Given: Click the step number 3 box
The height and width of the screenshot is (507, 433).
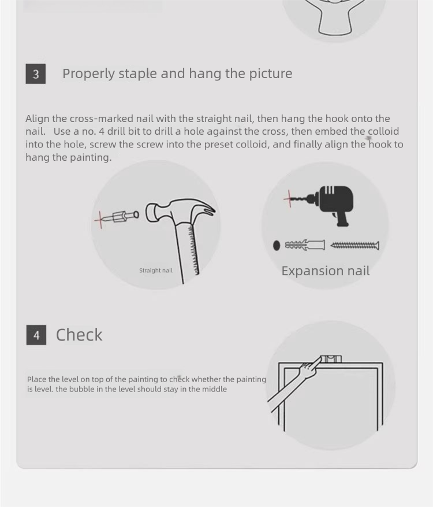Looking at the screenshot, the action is [x=36, y=74].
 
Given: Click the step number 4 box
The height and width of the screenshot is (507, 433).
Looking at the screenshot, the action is [x=36, y=335].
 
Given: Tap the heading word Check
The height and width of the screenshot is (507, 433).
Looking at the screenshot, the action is [x=79, y=335].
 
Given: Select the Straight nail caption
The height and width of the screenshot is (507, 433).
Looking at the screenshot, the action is [x=156, y=271].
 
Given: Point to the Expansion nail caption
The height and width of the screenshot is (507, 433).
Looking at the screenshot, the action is [x=326, y=271].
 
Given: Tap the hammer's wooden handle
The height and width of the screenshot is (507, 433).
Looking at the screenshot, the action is [x=186, y=252].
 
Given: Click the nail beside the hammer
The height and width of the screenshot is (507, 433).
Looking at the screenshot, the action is [x=125, y=216].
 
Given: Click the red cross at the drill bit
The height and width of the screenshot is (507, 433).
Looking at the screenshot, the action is [x=289, y=198].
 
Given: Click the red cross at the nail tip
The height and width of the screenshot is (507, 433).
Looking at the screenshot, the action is [x=100, y=220].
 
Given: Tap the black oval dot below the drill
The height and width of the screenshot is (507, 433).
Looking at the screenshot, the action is [x=277, y=246].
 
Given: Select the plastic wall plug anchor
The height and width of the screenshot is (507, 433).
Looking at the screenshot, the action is [x=305, y=245].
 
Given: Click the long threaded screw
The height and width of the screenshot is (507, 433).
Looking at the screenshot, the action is [x=355, y=246].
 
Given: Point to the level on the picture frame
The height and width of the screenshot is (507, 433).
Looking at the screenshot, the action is [x=331, y=359].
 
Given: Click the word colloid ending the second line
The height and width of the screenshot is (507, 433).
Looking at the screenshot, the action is [x=383, y=132].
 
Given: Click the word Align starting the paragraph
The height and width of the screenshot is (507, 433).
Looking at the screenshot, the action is [x=37, y=119].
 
